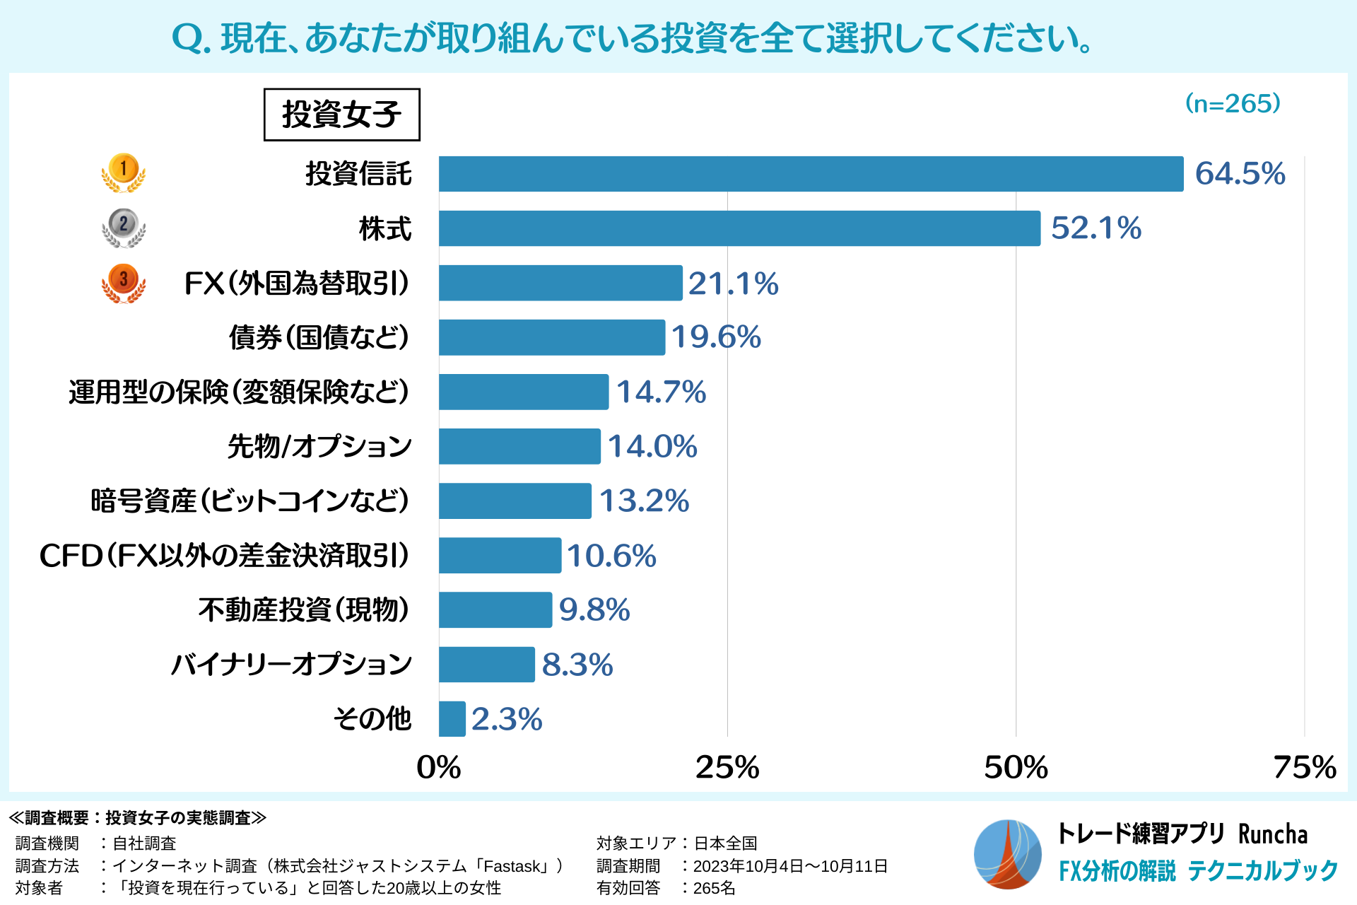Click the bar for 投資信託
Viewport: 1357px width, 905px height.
[811, 174]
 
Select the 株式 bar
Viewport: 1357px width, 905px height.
[739, 228]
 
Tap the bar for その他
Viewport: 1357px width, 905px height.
[452, 719]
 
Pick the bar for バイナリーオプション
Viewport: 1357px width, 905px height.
[486, 665]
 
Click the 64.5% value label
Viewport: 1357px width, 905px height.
[1240, 174]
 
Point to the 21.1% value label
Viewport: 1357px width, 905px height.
[733, 284]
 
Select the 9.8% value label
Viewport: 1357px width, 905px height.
[594, 610]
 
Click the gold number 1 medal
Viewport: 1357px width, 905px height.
[124, 172]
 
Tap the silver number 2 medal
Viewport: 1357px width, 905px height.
[124, 227]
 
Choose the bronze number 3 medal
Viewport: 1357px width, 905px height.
[124, 282]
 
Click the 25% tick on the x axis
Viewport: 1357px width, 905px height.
[727, 767]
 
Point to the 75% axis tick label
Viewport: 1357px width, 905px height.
[1304, 767]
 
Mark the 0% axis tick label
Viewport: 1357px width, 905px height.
[438, 767]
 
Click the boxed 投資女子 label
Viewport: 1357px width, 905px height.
[342, 115]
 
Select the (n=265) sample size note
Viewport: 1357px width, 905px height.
[1233, 104]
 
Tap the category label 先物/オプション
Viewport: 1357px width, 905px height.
[319, 446]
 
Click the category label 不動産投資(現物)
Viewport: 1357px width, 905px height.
[304, 609]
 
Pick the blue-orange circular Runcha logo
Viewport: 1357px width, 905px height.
[1007, 854]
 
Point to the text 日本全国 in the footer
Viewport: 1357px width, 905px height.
[725, 843]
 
